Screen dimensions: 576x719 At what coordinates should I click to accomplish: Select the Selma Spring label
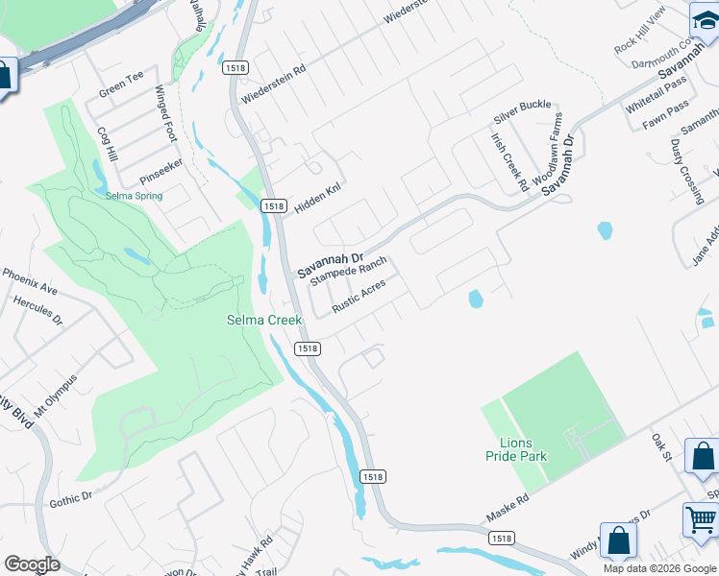[x=134, y=196]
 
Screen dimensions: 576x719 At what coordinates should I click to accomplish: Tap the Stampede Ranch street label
[x=348, y=273]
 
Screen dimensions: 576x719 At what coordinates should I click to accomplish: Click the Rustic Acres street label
[x=359, y=296]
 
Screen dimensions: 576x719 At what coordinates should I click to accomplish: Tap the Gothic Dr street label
[x=70, y=499]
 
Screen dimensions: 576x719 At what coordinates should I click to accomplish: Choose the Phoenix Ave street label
[x=30, y=281]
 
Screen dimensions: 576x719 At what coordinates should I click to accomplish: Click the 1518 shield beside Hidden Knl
[x=273, y=206]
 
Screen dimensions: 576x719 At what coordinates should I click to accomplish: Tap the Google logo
[x=32, y=564]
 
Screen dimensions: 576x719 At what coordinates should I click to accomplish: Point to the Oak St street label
[x=660, y=446]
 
